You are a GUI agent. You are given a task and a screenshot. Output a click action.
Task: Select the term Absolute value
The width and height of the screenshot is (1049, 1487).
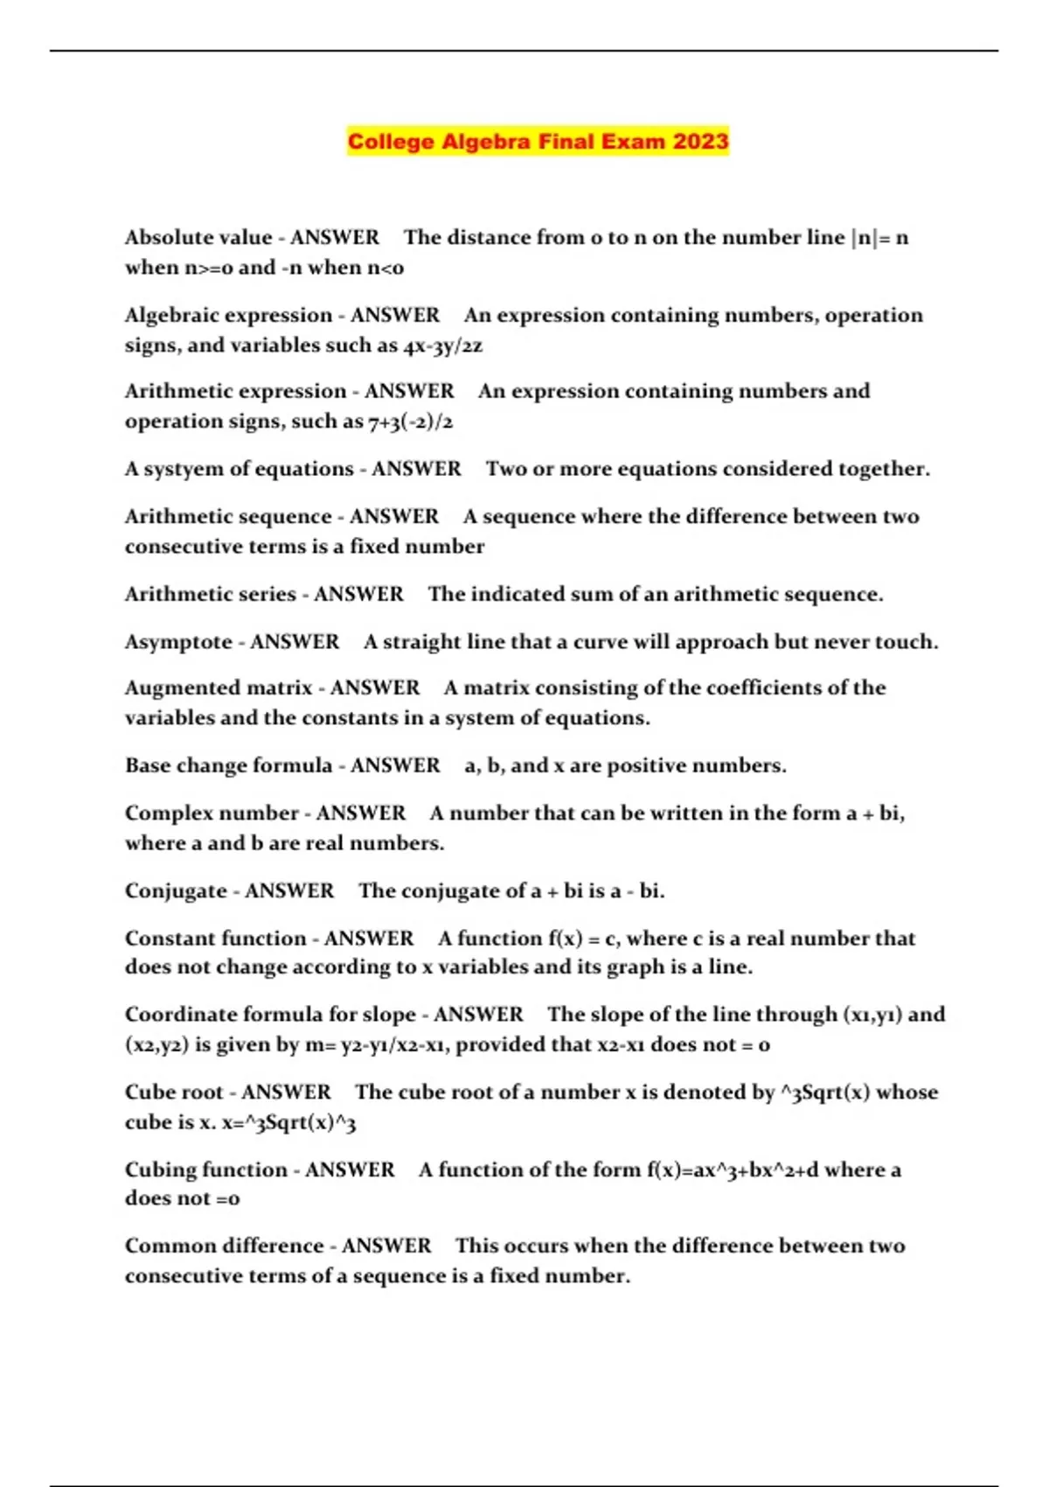[x=198, y=238]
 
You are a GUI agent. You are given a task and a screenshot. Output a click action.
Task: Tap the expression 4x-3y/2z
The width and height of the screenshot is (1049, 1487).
[x=443, y=346]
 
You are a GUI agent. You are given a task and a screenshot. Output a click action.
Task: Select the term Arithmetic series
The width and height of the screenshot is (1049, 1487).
[x=210, y=595]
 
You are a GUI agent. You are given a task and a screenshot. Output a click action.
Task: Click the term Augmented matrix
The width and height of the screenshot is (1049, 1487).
[x=219, y=688]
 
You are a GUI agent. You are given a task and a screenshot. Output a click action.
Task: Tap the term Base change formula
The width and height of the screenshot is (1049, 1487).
[x=228, y=766]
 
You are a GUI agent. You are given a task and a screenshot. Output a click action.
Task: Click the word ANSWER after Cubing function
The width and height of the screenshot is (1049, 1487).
[x=350, y=1170]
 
